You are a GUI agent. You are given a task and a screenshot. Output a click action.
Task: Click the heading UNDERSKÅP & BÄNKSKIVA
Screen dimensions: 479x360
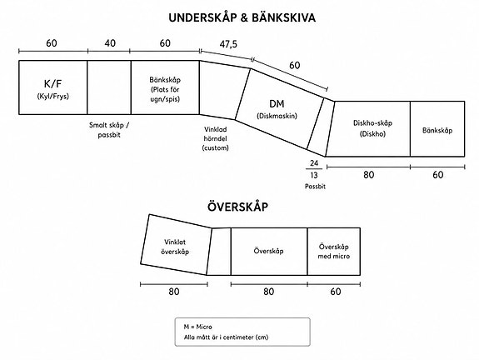point(242,17)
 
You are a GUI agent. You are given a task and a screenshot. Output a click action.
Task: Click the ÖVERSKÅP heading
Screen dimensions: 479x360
point(237,207)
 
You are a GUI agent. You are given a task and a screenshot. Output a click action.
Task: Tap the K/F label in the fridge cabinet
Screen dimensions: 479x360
point(52,83)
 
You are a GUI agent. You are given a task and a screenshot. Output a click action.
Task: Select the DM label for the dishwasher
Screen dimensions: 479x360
point(277,104)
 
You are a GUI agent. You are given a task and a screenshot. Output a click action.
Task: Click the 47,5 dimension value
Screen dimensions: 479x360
point(228,44)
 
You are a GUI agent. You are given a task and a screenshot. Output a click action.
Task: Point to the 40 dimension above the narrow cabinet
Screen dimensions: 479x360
point(110,43)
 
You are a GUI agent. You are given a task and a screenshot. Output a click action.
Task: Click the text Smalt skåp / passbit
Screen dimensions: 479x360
point(109,130)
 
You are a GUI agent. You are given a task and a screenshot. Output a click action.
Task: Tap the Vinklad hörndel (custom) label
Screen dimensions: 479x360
point(216,138)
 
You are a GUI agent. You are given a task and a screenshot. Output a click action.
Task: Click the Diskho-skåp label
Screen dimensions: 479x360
point(372,123)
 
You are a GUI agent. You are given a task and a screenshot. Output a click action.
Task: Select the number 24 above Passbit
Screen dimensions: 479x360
point(314,163)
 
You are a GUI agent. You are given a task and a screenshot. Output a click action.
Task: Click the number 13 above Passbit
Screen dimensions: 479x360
point(314,175)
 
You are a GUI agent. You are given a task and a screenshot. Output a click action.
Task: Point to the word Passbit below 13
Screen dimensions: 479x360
point(315,186)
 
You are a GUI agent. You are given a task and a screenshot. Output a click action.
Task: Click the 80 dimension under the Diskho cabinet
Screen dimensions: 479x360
point(369,175)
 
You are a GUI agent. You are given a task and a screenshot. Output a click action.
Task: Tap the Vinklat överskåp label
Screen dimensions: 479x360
point(175,247)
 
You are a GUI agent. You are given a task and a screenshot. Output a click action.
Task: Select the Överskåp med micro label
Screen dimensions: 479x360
point(333,252)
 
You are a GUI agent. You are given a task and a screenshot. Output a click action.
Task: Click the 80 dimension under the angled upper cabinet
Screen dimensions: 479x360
point(174,292)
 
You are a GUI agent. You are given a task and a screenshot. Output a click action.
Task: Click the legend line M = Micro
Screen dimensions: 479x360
point(197,327)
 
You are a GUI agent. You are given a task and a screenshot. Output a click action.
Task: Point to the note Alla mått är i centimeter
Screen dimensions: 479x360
point(226,337)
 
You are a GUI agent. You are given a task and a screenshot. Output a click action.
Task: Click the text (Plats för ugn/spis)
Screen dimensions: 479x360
point(165,94)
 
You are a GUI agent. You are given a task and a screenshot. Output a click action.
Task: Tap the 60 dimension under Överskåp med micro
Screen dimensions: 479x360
point(336,292)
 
